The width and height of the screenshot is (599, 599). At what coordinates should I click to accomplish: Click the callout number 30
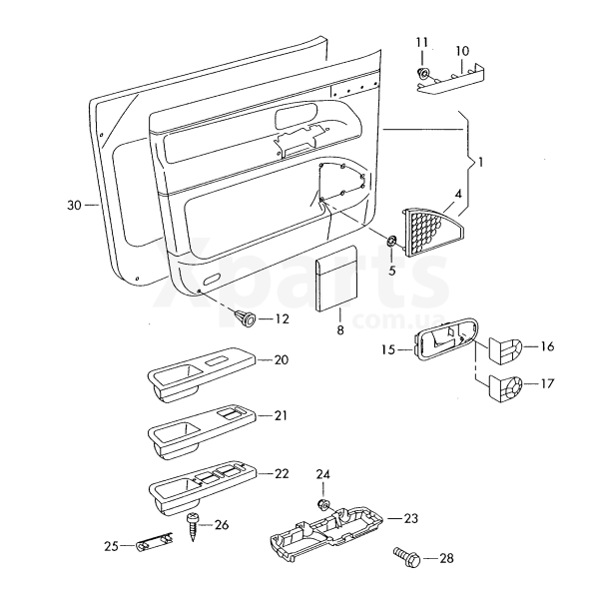coord(73,205)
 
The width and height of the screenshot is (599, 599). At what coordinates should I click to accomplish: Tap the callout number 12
coord(283,319)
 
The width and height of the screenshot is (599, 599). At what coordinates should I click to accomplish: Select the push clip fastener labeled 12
coord(247,317)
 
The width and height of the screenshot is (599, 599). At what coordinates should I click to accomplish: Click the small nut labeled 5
coord(392,241)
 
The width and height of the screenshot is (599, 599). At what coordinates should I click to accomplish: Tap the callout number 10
coord(462,51)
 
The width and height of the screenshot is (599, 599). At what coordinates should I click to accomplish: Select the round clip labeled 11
coord(423,73)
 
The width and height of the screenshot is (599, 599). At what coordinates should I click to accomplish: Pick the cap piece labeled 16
coord(506,350)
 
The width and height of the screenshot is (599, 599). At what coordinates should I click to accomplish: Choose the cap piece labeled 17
coord(508,387)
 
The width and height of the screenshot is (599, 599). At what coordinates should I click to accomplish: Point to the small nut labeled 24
coord(323,500)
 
